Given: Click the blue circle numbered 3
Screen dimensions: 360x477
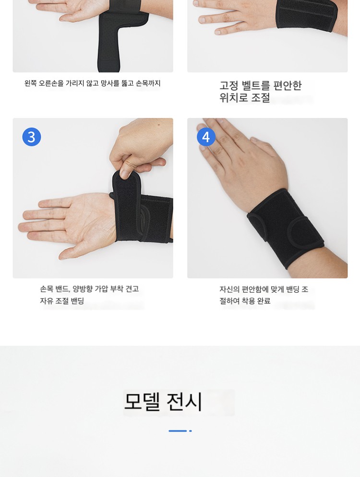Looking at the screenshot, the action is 32,137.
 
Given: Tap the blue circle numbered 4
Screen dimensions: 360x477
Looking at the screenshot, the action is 206,137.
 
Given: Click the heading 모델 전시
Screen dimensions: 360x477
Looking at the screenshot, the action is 163,402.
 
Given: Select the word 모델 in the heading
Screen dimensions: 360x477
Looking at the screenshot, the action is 142,402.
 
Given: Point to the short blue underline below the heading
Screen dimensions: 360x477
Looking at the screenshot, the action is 178,431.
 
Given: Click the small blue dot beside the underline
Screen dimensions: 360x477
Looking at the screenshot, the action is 191,431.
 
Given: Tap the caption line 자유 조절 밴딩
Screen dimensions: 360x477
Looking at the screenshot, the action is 62,301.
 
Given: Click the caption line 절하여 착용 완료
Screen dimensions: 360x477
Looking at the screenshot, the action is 245,301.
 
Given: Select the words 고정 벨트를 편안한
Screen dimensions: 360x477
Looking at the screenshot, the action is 261,85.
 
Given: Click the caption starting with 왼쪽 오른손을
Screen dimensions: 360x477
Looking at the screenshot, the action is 92,83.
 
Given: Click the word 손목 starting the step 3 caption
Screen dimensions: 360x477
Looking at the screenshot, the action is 47,289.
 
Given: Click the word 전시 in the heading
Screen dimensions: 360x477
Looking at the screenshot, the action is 184,402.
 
